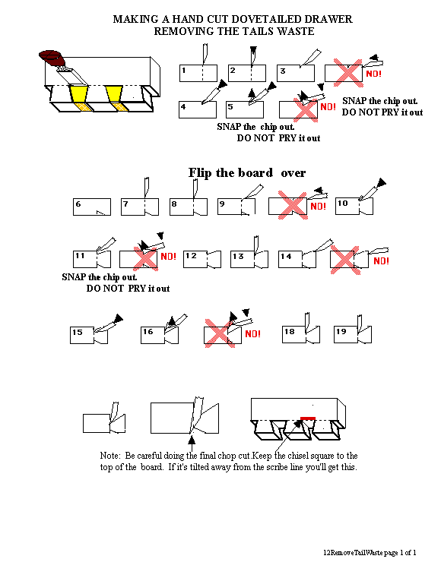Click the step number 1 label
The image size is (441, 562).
click(x=184, y=70)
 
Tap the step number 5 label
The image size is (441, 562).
click(x=230, y=107)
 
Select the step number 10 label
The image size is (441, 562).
click(x=343, y=204)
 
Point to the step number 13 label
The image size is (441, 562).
click(x=238, y=256)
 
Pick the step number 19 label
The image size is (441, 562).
click(x=341, y=332)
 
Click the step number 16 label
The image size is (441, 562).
click(x=148, y=332)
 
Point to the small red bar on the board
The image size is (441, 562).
click(x=308, y=418)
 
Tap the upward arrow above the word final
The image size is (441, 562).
click(x=192, y=444)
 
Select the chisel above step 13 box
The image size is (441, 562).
click(x=256, y=245)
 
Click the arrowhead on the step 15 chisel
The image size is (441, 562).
click(x=118, y=318)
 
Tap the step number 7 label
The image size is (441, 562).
click(x=125, y=204)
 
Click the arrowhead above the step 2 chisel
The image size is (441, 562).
click(x=253, y=49)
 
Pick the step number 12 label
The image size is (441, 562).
click(x=191, y=255)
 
